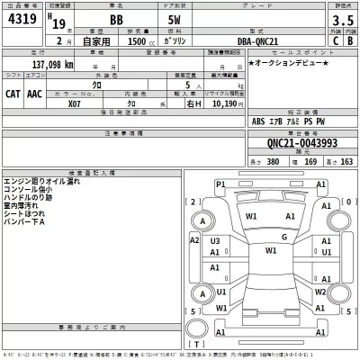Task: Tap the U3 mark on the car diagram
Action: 215,241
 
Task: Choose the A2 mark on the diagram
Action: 195,241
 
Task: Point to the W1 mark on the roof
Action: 270,251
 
